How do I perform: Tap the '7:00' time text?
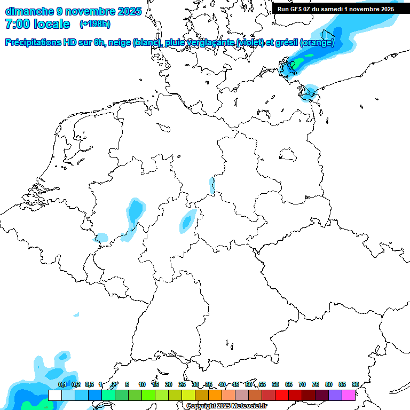[18, 24]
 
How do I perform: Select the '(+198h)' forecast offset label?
[95, 24]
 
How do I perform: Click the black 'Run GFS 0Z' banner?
[336, 9]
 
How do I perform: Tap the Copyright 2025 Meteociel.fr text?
[227, 406]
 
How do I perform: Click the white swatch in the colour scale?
[55, 395]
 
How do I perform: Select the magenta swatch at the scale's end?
[349, 395]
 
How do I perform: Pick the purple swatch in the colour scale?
[335, 395]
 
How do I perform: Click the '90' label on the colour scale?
[355, 384]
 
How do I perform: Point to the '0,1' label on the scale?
[62, 384]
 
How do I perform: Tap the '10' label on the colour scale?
[142, 384]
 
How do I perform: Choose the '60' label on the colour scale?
[275, 384]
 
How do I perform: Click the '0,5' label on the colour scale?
[89, 384]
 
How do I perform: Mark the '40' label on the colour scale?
[222, 384]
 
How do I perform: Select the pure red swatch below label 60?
[282, 395]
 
